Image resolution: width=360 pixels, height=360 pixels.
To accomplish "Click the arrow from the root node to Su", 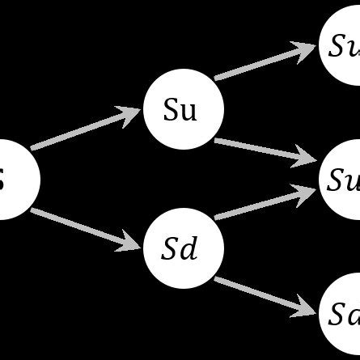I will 81,130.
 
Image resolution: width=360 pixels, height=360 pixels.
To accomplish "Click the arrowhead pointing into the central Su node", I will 131,112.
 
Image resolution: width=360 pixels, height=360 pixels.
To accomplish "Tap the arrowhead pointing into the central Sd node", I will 133,242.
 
